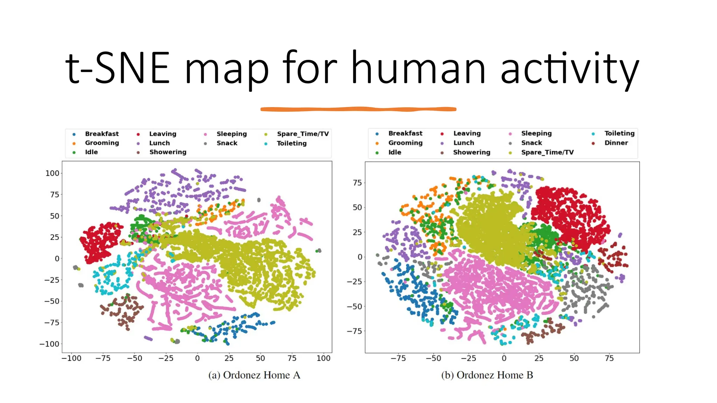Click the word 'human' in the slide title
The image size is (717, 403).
click(x=418, y=68)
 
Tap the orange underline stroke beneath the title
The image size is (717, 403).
click(x=358, y=109)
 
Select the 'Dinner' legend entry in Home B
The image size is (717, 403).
click(x=616, y=143)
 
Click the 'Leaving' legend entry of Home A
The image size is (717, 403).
click(x=162, y=134)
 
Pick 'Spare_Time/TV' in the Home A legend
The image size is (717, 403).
click(x=302, y=134)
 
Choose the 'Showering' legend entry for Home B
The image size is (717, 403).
click(x=471, y=152)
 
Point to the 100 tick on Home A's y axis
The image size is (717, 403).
click(x=53, y=173)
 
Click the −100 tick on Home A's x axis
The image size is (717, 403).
click(x=71, y=358)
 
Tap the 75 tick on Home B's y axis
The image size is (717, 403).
click(x=357, y=183)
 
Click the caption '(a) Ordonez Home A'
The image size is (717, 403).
click(x=254, y=375)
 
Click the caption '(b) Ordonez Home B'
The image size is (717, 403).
click(x=487, y=375)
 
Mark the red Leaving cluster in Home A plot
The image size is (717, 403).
click(x=100, y=241)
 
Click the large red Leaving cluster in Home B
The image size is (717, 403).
click(x=571, y=217)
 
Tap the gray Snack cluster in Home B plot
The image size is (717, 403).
click(x=585, y=287)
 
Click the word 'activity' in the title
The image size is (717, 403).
click(x=570, y=68)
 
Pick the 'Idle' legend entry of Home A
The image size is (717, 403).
click(x=91, y=152)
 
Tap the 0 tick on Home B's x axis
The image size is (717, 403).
click(x=504, y=358)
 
